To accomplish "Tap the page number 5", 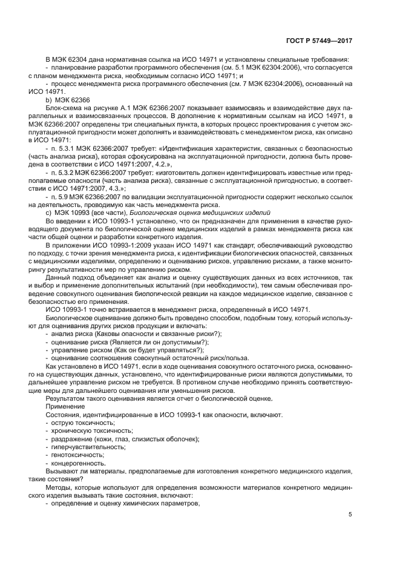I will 350,515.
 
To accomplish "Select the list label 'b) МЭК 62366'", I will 68,100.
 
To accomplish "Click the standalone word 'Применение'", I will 64,407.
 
